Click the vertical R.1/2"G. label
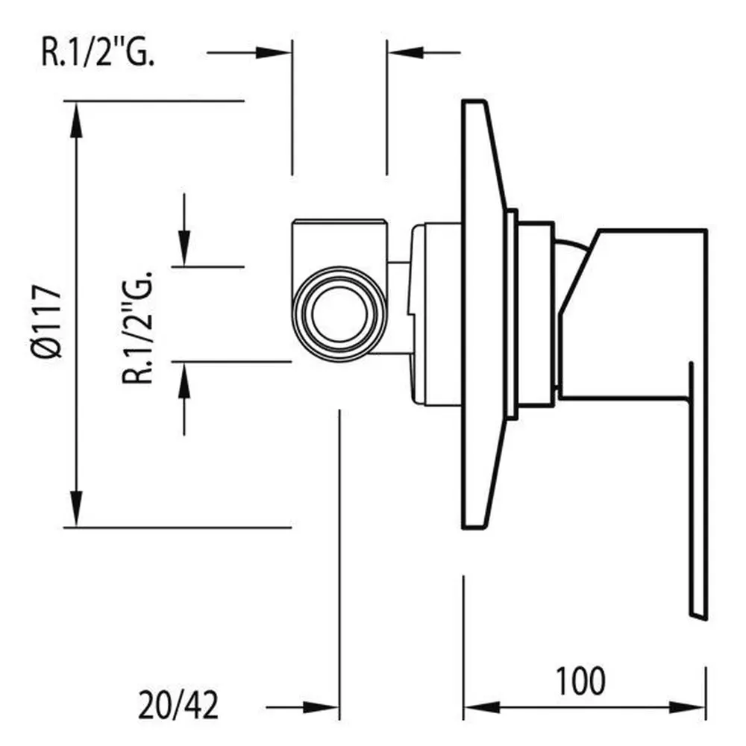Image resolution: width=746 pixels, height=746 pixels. [140, 327]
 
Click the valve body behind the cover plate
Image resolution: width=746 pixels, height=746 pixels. [436, 313]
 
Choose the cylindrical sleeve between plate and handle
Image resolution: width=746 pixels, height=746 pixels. [536, 313]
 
